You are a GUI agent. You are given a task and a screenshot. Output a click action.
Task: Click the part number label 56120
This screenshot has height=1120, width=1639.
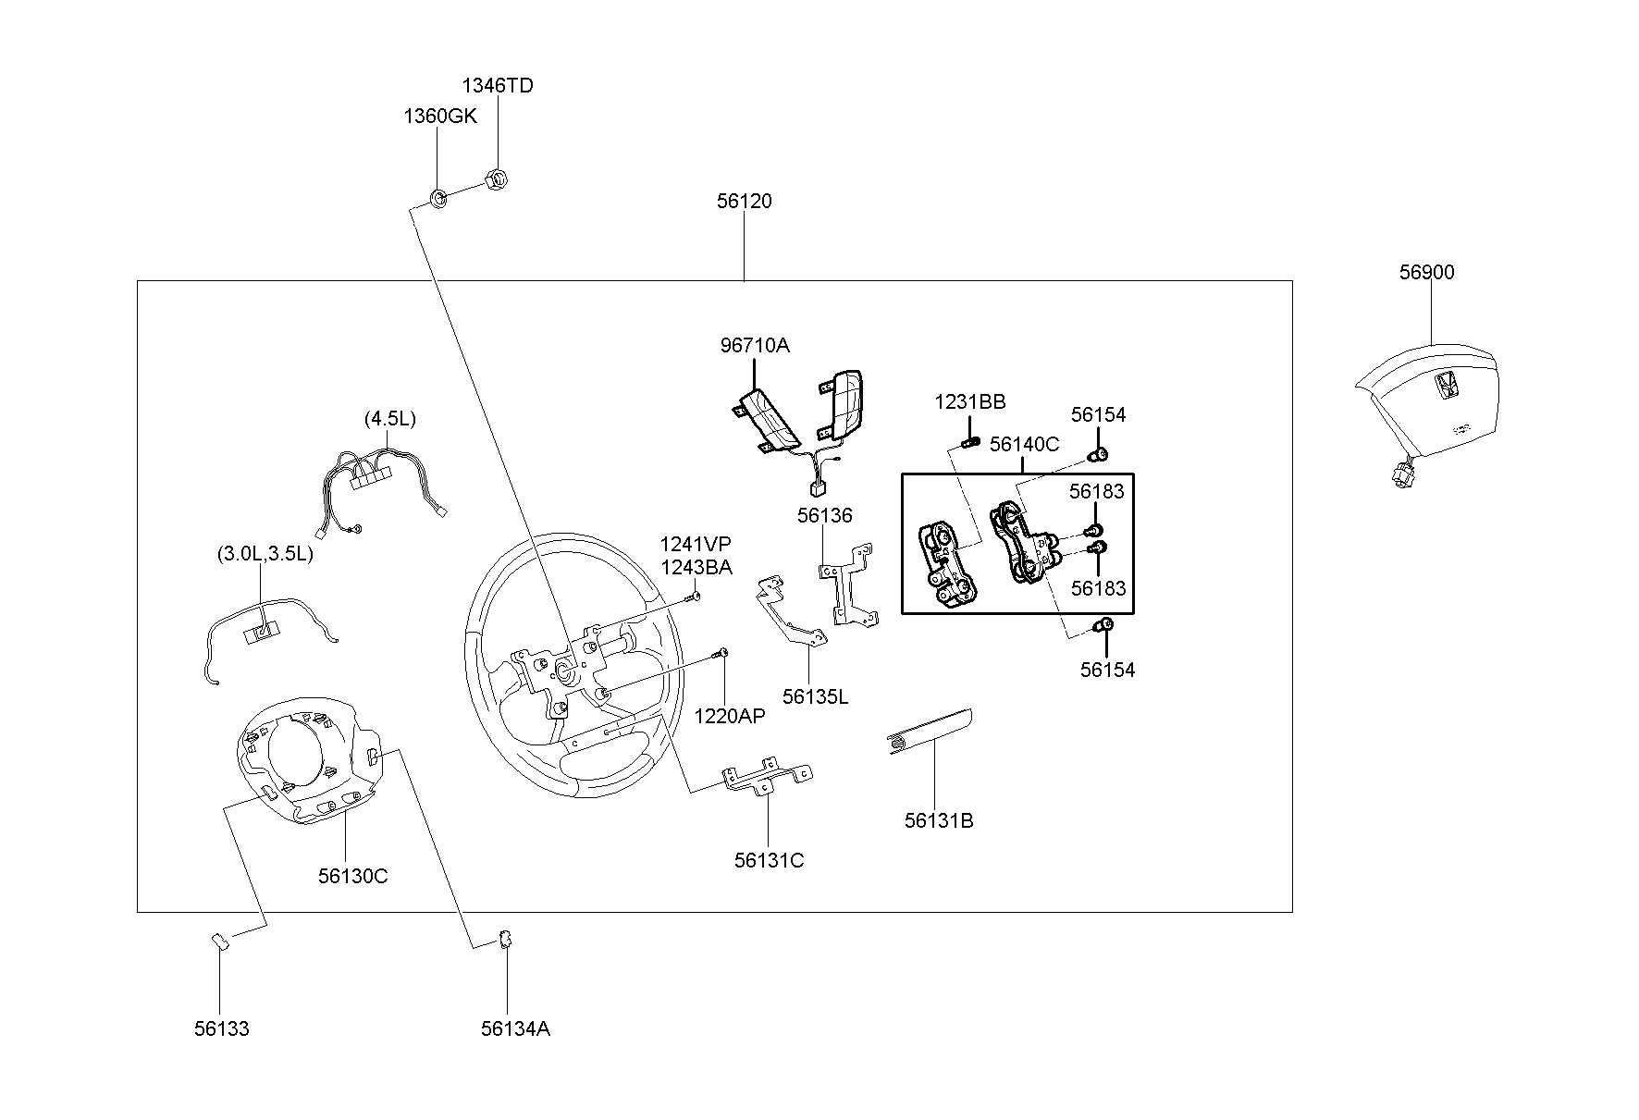pyautogui.click(x=744, y=201)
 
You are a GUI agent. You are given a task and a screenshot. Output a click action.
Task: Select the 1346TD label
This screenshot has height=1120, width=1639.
pyautogui.click(x=498, y=85)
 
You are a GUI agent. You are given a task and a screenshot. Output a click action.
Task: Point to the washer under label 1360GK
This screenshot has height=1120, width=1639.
pyautogui.click(x=439, y=197)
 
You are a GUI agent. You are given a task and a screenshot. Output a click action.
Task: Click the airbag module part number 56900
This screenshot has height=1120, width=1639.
pyautogui.click(x=1426, y=272)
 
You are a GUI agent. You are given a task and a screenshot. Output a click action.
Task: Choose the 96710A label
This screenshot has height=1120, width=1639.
pyautogui.click(x=755, y=345)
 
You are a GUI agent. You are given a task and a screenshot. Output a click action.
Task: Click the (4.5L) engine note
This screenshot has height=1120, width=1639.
pyautogui.click(x=390, y=418)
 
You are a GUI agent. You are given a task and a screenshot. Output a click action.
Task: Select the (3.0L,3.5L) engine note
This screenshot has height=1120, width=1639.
pyautogui.click(x=265, y=553)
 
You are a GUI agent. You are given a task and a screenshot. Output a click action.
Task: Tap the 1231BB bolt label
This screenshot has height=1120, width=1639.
pyautogui.click(x=969, y=401)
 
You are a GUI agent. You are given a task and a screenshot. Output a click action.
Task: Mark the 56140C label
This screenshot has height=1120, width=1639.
pyautogui.click(x=1024, y=444)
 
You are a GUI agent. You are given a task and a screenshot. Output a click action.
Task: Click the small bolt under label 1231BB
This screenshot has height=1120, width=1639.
pyautogui.click(x=969, y=442)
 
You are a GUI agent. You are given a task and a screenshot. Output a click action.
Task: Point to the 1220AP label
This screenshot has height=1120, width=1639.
pyautogui.click(x=730, y=715)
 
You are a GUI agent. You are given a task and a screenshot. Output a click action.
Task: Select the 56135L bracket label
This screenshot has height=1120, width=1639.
pyautogui.click(x=815, y=696)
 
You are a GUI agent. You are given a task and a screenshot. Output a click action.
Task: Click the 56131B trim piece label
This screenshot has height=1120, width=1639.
pyautogui.click(x=939, y=820)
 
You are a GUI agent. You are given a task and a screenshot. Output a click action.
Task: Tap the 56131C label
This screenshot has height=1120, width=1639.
pyautogui.click(x=770, y=860)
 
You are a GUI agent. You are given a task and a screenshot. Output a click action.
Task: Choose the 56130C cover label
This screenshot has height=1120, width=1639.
pyautogui.click(x=353, y=876)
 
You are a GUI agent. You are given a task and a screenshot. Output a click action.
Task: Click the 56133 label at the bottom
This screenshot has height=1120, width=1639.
pyautogui.click(x=221, y=1028)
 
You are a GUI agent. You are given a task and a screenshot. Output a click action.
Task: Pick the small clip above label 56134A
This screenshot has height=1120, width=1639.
pyautogui.click(x=506, y=938)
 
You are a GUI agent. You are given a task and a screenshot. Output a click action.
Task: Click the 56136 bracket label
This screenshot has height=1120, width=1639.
pyautogui.click(x=825, y=515)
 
